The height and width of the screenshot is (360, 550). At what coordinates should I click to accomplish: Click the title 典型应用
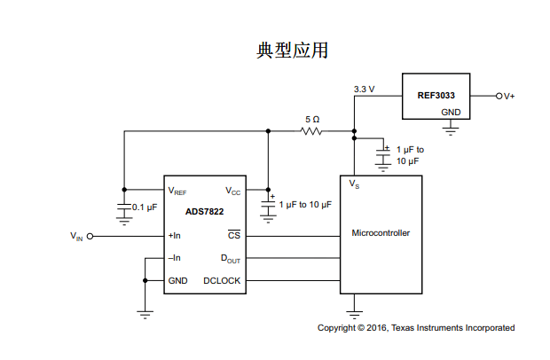(x=292, y=51)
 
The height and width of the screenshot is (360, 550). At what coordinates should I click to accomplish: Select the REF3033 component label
(x=436, y=95)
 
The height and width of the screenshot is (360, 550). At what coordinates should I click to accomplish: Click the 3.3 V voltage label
(x=364, y=90)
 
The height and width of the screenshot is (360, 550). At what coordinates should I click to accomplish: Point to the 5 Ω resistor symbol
(x=311, y=131)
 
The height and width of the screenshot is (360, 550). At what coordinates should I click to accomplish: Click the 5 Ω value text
(x=311, y=119)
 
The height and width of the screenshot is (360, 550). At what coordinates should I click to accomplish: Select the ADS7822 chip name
(x=205, y=211)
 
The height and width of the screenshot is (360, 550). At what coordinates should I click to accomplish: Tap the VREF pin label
(x=177, y=191)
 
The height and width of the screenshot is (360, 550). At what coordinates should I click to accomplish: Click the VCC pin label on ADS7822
(x=232, y=191)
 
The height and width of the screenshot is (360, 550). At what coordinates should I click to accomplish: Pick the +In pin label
(x=175, y=236)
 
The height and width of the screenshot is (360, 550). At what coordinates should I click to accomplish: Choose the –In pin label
(x=175, y=258)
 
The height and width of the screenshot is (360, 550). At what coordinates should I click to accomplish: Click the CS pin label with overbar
(x=234, y=236)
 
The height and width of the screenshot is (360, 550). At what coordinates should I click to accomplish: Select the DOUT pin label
(x=231, y=259)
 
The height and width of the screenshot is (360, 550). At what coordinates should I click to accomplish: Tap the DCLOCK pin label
(x=222, y=281)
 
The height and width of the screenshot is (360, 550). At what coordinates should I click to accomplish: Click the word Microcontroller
(x=381, y=233)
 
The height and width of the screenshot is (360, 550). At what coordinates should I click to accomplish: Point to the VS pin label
(x=354, y=185)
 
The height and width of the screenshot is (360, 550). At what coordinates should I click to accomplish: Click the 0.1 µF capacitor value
(x=144, y=207)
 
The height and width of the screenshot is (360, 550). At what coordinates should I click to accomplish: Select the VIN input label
(x=76, y=237)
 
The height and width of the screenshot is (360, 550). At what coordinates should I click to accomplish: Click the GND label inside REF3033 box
(x=451, y=113)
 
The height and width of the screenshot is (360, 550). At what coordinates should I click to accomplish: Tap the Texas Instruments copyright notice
(x=415, y=328)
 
